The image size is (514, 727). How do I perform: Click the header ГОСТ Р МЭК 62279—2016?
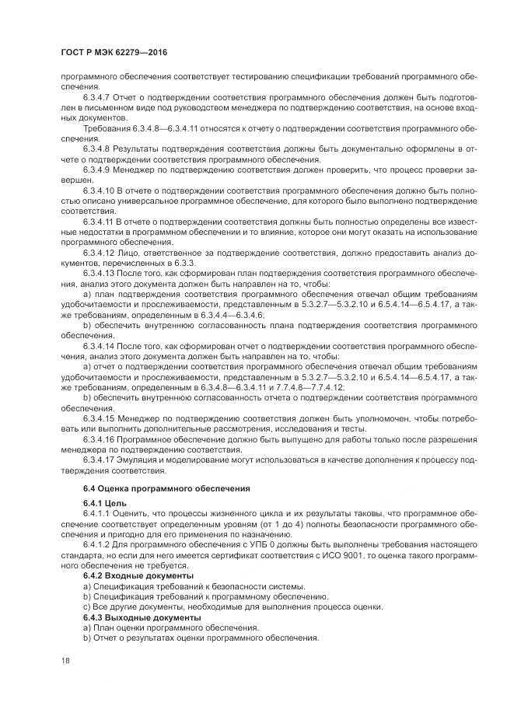114,53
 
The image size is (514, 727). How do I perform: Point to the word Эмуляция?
142,460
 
